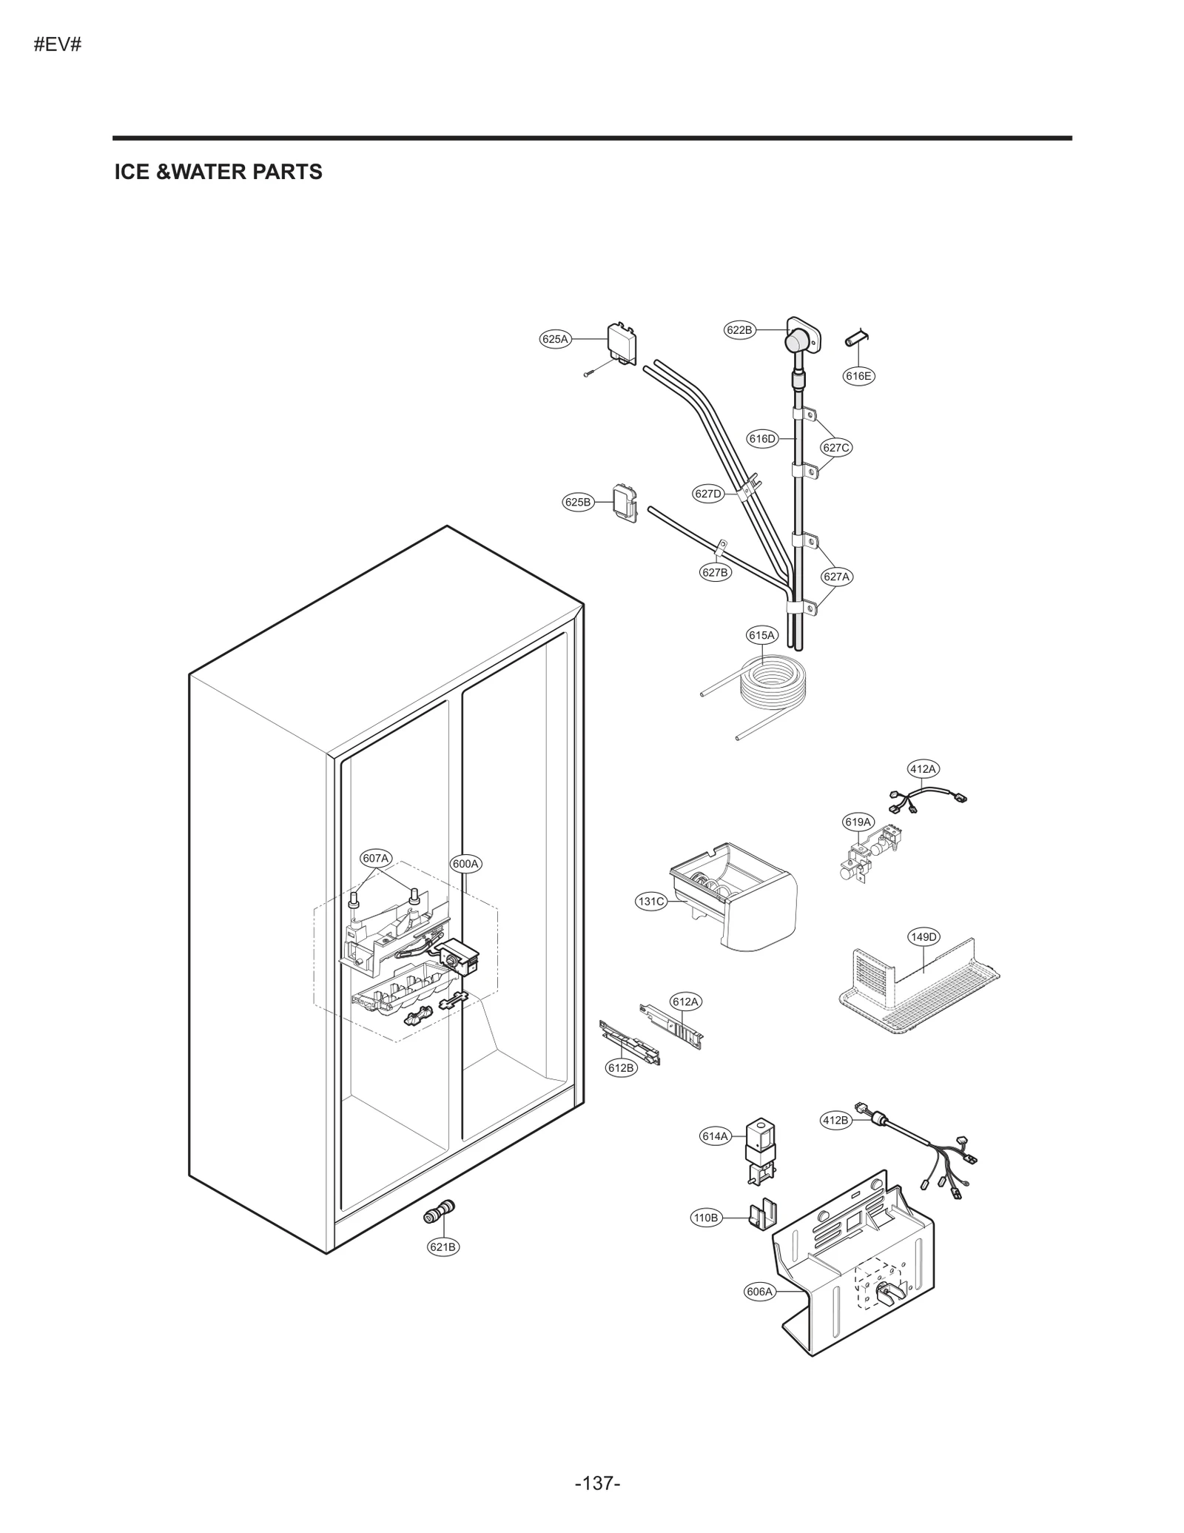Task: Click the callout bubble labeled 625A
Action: point(554,340)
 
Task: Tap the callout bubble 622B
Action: point(739,330)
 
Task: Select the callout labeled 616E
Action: point(858,376)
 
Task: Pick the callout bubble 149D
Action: point(923,937)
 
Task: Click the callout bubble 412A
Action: point(923,769)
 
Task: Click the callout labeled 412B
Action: point(835,1120)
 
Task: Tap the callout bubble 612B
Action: point(621,1068)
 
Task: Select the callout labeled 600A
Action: point(465,864)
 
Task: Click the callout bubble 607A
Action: point(376,859)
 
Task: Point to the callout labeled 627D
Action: point(708,494)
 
